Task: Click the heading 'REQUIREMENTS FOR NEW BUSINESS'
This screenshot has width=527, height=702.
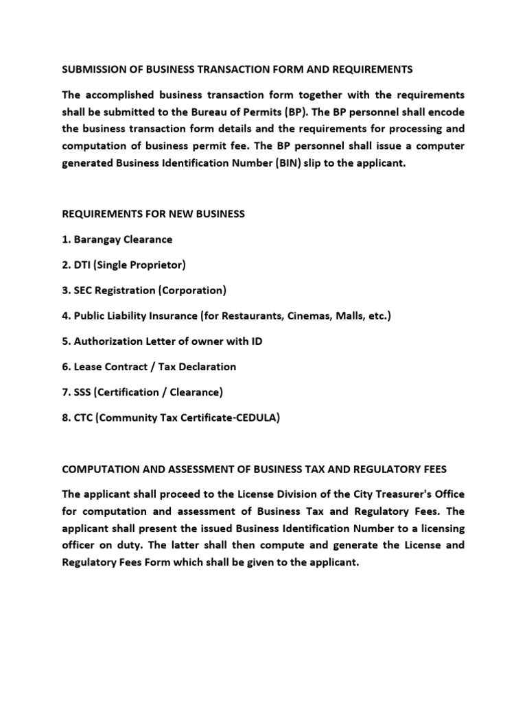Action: [x=153, y=214]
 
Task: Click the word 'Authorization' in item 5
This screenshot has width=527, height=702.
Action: [x=107, y=341]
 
